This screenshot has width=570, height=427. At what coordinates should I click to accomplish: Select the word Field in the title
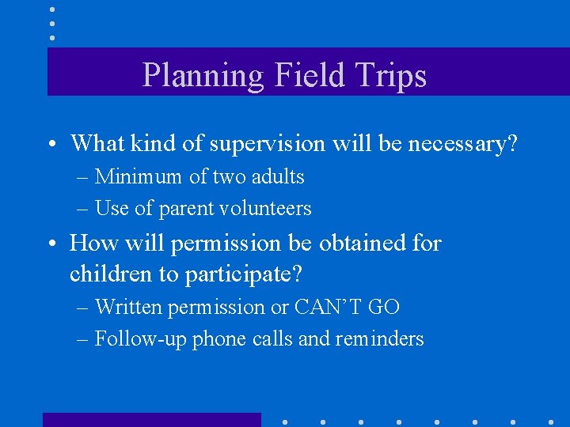click(310, 76)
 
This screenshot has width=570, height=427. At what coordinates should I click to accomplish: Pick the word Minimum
click(139, 176)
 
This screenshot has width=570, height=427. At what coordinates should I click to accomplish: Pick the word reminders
click(380, 339)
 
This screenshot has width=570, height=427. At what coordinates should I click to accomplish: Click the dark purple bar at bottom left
click(151, 419)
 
